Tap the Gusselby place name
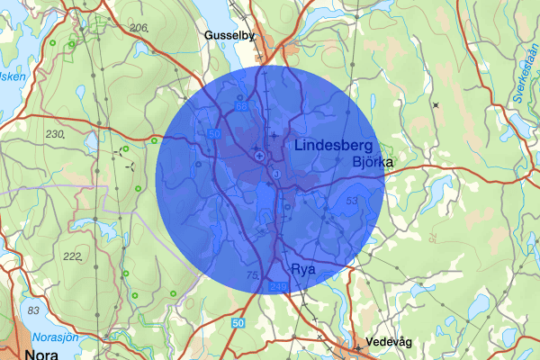(230, 35)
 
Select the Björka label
(374, 162)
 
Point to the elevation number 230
(57, 134)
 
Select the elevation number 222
(73, 256)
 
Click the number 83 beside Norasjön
(33, 310)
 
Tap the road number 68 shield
(241, 106)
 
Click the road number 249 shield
(278, 287)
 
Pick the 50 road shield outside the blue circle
(238, 322)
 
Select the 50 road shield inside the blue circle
(213, 133)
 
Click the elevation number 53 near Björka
(352, 200)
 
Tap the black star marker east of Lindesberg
(436, 105)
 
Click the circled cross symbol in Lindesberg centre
(259, 157)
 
